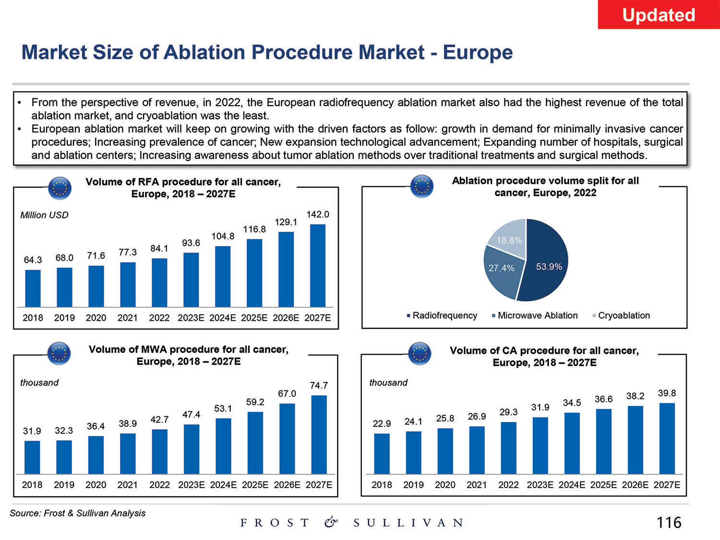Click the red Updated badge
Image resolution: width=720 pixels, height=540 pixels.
click(x=659, y=15)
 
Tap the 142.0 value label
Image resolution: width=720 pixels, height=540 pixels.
click(x=318, y=214)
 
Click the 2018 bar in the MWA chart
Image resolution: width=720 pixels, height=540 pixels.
click(x=32, y=457)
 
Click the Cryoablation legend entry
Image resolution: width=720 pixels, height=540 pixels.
click(x=624, y=315)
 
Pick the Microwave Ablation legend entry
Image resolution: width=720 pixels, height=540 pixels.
click(x=537, y=315)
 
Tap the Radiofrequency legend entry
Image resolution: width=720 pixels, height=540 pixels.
click(x=444, y=315)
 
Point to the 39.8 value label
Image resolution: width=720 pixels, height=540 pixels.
click(x=667, y=393)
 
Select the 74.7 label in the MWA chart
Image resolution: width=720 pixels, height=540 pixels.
click(x=319, y=385)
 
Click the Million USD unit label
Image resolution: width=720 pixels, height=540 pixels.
click(x=44, y=215)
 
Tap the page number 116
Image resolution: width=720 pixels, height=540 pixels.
click(x=669, y=522)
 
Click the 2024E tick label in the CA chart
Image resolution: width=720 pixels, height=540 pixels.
click(x=572, y=485)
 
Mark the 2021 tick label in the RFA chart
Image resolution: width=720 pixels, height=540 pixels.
click(x=127, y=318)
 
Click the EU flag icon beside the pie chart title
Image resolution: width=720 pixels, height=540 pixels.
click(x=422, y=186)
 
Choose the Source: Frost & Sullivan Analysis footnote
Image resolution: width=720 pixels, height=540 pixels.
click(x=77, y=513)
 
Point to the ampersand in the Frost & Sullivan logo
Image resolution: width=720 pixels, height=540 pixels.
click(x=330, y=522)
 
